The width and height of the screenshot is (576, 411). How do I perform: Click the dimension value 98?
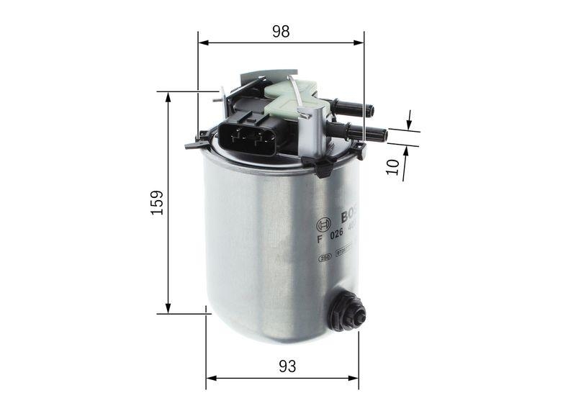click(281, 31)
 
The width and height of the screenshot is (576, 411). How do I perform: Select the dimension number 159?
click(158, 203)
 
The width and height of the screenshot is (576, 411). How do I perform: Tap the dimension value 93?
click(287, 366)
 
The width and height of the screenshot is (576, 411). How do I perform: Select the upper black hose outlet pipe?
click(353, 109)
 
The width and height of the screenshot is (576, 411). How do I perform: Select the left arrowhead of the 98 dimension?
click(203, 42)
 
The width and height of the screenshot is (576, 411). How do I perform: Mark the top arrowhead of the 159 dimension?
click(168, 96)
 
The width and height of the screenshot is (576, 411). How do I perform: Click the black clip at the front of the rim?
click(323, 168)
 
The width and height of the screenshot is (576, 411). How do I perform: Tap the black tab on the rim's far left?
click(193, 144)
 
